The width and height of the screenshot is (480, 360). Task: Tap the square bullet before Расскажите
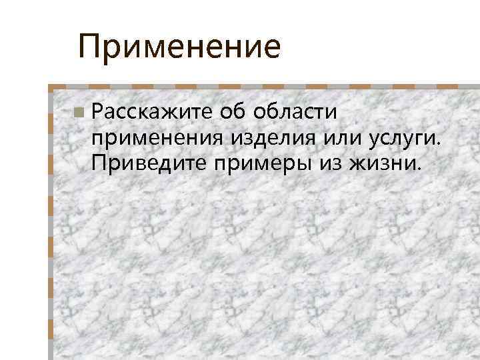(79, 113)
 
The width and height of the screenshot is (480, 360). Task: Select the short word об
(234, 112)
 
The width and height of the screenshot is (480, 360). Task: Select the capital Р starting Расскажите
(99, 112)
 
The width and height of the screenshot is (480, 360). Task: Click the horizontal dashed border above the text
(267, 87)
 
